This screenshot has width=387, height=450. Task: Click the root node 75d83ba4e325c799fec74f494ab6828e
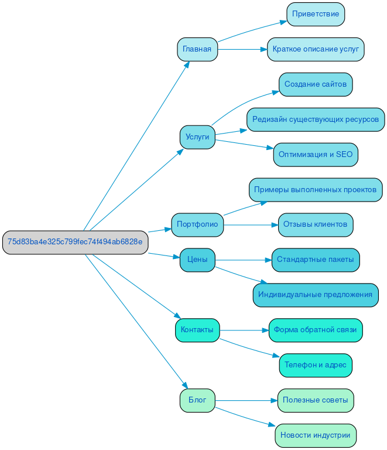(x=75, y=242)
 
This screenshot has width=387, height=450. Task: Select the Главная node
(x=197, y=49)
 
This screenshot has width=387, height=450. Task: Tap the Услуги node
(x=197, y=137)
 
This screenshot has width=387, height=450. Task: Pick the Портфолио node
(x=197, y=224)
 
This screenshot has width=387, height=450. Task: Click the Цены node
(x=197, y=260)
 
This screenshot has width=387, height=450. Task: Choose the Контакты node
(x=197, y=330)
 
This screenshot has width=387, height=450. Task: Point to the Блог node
(x=197, y=400)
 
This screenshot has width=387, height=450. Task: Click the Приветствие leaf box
(x=315, y=14)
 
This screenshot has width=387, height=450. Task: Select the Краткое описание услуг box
(x=315, y=49)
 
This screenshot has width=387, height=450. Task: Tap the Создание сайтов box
(x=315, y=84)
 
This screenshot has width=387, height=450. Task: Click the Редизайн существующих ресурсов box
(x=315, y=120)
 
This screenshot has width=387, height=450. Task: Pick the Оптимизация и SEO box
(x=315, y=155)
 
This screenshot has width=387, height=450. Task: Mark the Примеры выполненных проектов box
(x=315, y=190)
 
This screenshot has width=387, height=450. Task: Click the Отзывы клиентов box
(x=315, y=224)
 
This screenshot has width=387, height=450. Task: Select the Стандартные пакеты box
(x=315, y=260)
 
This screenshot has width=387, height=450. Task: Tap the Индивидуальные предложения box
(x=315, y=295)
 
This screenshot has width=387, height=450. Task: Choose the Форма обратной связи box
(x=315, y=330)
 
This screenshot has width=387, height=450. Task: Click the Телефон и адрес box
(x=315, y=365)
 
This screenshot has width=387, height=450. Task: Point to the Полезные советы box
(x=315, y=400)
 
